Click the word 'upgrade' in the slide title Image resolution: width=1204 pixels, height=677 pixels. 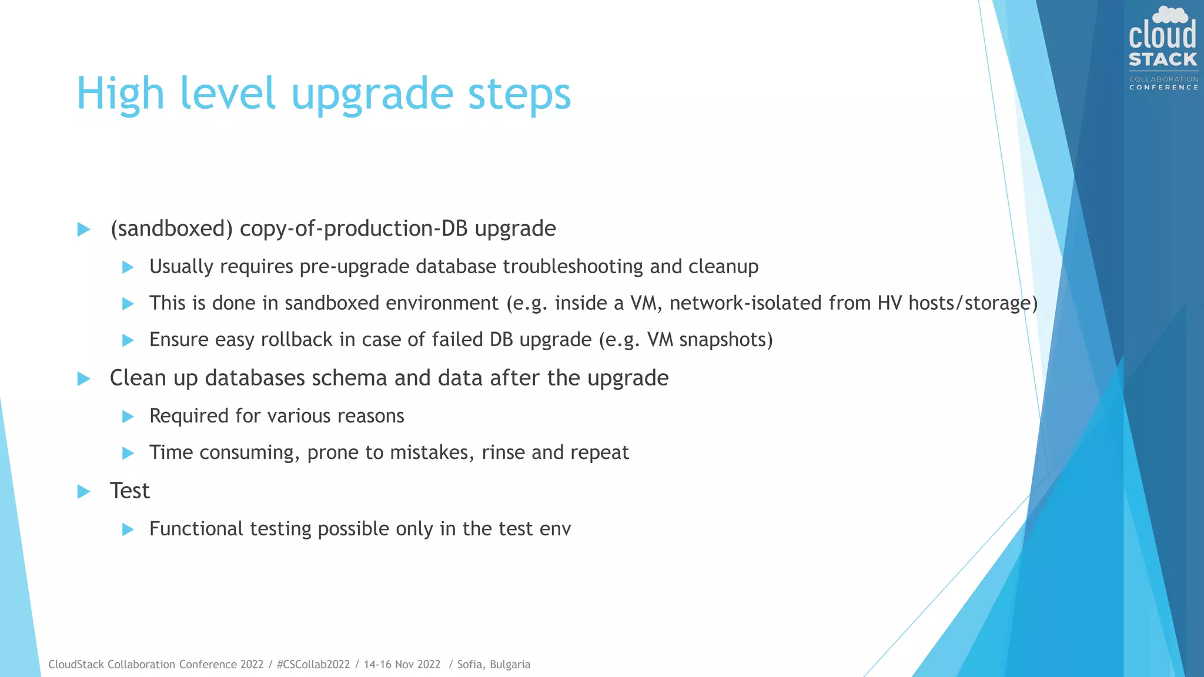tap(372, 94)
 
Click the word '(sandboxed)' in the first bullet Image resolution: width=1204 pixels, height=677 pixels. tap(172, 229)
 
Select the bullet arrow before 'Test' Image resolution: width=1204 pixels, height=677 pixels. tap(84, 491)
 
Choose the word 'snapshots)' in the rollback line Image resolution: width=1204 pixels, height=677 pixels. tap(726, 340)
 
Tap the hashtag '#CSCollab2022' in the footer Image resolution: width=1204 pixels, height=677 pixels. tap(313, 665)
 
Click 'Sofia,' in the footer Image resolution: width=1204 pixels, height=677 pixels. tap(471, 665)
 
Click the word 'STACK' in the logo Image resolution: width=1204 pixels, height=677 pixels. tap(1163, 60)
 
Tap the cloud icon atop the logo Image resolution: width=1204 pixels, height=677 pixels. tap(1170, 15)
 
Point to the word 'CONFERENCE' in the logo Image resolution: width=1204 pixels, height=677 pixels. tap(1163, 88)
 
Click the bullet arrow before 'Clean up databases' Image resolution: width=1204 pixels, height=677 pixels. tap(84, 379)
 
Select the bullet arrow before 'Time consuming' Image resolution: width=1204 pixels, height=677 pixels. tap(128, 453)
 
